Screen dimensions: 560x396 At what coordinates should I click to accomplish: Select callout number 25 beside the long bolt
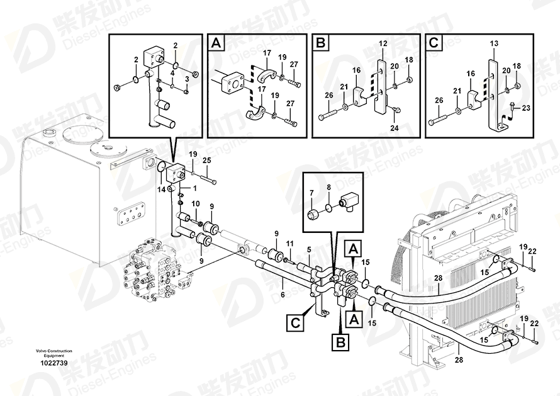(x=207, y=161)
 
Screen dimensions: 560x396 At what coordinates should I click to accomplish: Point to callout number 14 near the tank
(x=162, y=190)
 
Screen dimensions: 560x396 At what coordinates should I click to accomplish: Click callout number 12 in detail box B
(x=383, y=43)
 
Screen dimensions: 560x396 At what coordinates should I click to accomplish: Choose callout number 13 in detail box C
(x=494, y=43)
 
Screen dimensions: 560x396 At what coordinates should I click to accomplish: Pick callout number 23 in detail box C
(x=526, y=108)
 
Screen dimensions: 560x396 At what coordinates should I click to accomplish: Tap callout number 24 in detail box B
(x=395, y=128)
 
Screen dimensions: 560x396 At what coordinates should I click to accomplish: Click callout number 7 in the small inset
(x=311, y=193)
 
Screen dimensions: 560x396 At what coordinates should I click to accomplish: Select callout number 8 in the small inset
(x=329, y=187)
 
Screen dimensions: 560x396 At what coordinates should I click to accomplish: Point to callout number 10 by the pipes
(x=196, y=204)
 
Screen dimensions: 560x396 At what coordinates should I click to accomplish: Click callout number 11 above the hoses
(x=289, y=244)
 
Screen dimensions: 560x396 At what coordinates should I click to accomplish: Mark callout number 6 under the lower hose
(x=283, y=295)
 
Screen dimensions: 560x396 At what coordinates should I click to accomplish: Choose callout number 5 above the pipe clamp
(x=309, y=249)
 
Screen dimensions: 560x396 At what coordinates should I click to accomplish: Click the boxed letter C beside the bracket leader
(x=295, y=323)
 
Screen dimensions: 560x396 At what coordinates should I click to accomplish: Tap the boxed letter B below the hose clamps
(x=341, y=342)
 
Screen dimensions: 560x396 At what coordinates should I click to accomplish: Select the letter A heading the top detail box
(x=216, y=43)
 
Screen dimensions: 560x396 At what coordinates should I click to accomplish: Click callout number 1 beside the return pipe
(x=194, y=188)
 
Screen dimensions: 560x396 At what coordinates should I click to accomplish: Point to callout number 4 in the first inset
(x=172, y=73)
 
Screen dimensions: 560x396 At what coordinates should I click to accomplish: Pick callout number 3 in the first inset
(x=186, y=79)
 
